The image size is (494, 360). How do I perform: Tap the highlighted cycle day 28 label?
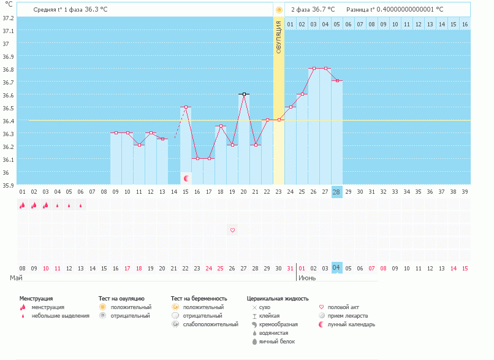[x=336, y=192]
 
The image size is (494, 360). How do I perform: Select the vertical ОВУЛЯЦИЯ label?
[x=279, y=37]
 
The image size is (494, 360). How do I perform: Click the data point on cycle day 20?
[x=244, y=94]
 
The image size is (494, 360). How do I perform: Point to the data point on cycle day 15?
[x=186, y=107]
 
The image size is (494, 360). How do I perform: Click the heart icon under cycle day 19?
[x=232, y=231]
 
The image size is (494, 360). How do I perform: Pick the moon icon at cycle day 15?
[x=186, y=178]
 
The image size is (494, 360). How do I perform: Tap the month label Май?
[x=17, y=278]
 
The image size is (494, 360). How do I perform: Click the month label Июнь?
[x=307, y=278]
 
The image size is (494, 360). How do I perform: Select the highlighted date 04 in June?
[x=336, y=268]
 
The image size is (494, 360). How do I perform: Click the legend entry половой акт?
[x=344, y=307]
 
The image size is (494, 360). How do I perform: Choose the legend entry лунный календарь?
[x=351, y=324]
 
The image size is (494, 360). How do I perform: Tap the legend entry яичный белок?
[x=276, y=342]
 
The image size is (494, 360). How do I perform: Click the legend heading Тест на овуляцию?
[x=121, y=298]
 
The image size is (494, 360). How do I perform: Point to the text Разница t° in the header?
[x=360, y=10]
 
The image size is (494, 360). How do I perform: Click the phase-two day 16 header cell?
[x=465, y=24]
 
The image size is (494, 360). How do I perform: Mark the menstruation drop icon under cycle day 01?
[x=22, y=205]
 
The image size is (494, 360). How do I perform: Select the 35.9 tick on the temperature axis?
[x=8, y=185]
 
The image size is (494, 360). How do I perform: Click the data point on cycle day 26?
[x=314, y=69]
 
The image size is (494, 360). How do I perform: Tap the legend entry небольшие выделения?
[x=60, y=316]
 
